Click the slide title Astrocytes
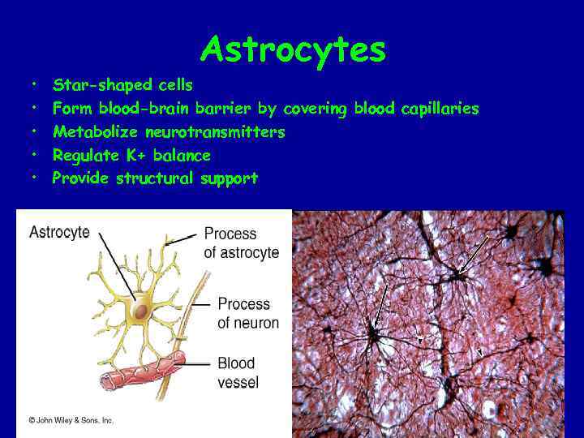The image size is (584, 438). (x=293, y=50)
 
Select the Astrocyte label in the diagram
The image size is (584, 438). (x=59, y=233)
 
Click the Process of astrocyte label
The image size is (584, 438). (x=241, y=243)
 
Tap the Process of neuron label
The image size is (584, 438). (x=247, y=313)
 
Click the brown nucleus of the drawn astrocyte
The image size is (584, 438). (x=140, y=311)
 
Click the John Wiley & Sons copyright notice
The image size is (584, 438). (x=71, y=420)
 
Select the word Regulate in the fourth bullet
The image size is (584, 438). (x=83, y=155)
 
